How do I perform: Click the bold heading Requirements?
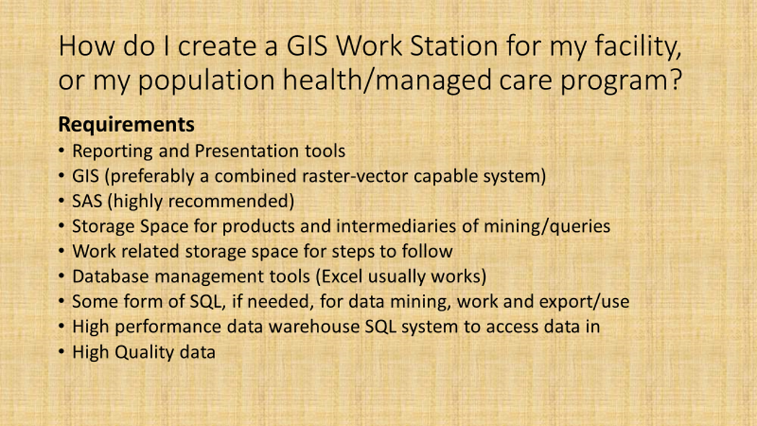[126, 125]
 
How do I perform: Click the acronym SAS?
[87, 201]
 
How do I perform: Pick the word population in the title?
[206, 81]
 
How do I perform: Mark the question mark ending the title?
[676, 79]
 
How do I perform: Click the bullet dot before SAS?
[61, 201]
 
